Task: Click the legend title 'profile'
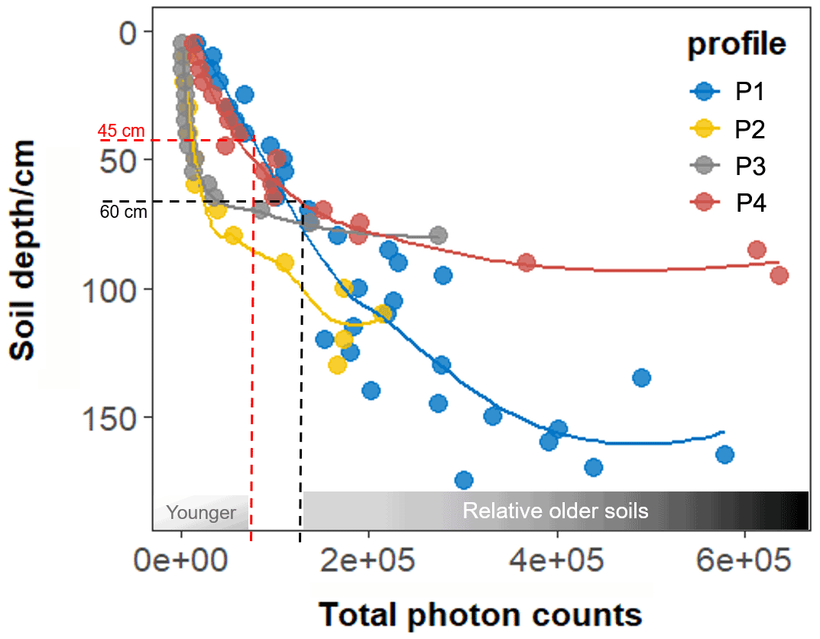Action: click(737, 44)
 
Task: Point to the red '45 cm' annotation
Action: click(122, 131)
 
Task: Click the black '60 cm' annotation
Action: click(124, 212)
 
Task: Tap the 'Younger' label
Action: click(201, 512)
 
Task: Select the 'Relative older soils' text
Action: click(556, 511)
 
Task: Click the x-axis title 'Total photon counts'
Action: click(479, 614)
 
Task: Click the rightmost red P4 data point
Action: click(779, 276)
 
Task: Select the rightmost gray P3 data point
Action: click(438, 235)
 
